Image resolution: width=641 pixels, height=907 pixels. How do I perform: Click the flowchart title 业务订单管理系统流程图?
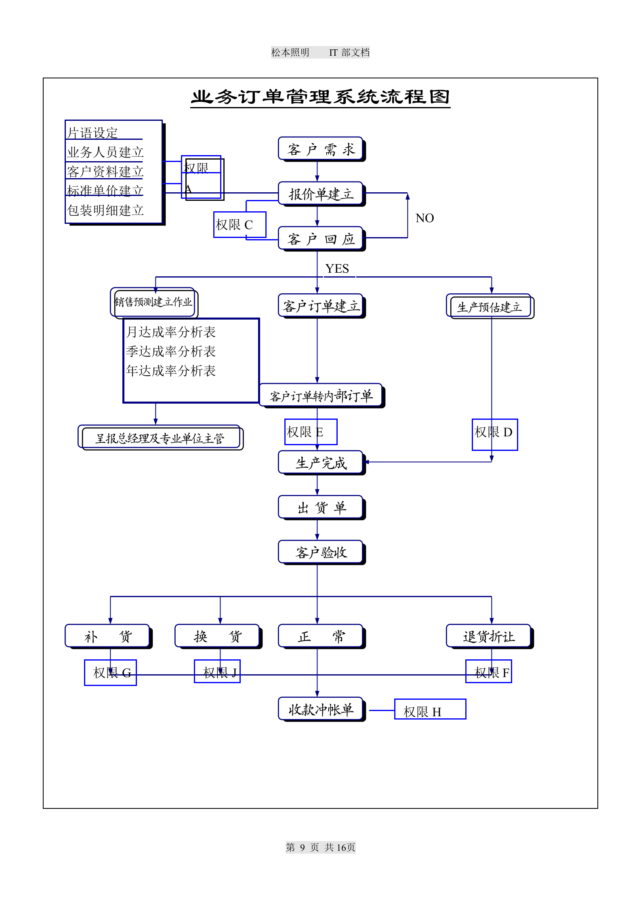click(x=320, y=97)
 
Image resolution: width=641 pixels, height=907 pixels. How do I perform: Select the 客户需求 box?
click(x=321, y=149)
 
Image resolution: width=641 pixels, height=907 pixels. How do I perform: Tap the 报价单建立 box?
click(x=321, y=194)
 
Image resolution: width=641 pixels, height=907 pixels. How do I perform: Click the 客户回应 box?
click(x=321, y=239)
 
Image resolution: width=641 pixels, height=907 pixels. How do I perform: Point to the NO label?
click(x=425, y=218)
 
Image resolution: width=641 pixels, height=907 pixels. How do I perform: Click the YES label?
click(x=337, y=269)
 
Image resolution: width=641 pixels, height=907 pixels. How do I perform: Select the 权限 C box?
click(x=239, y=225)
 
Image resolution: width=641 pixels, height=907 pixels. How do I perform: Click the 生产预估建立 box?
click(x=489, y=307)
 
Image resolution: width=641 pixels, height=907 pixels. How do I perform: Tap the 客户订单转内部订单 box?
click(x=321, y=396)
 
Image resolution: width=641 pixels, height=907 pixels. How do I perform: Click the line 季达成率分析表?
click(x=171, y=351)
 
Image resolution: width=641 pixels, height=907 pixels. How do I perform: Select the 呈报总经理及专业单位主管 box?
click(x=160, y=438)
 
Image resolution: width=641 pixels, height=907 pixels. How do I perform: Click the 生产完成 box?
click(x=321, y=463)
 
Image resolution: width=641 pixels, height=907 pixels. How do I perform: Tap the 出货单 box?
click(x=321, y=508)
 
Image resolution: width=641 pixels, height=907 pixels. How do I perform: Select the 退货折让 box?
click(x=489, y=637)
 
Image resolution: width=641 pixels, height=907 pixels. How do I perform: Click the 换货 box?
click(x=218, y=637)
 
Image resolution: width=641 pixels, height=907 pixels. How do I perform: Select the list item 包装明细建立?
click(x=105, y=210)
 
